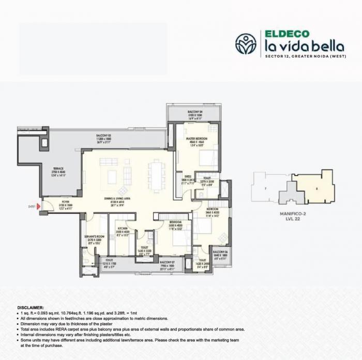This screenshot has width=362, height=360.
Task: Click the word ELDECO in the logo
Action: click(287, 34)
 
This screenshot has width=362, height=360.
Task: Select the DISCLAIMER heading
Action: click(34, 306)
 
